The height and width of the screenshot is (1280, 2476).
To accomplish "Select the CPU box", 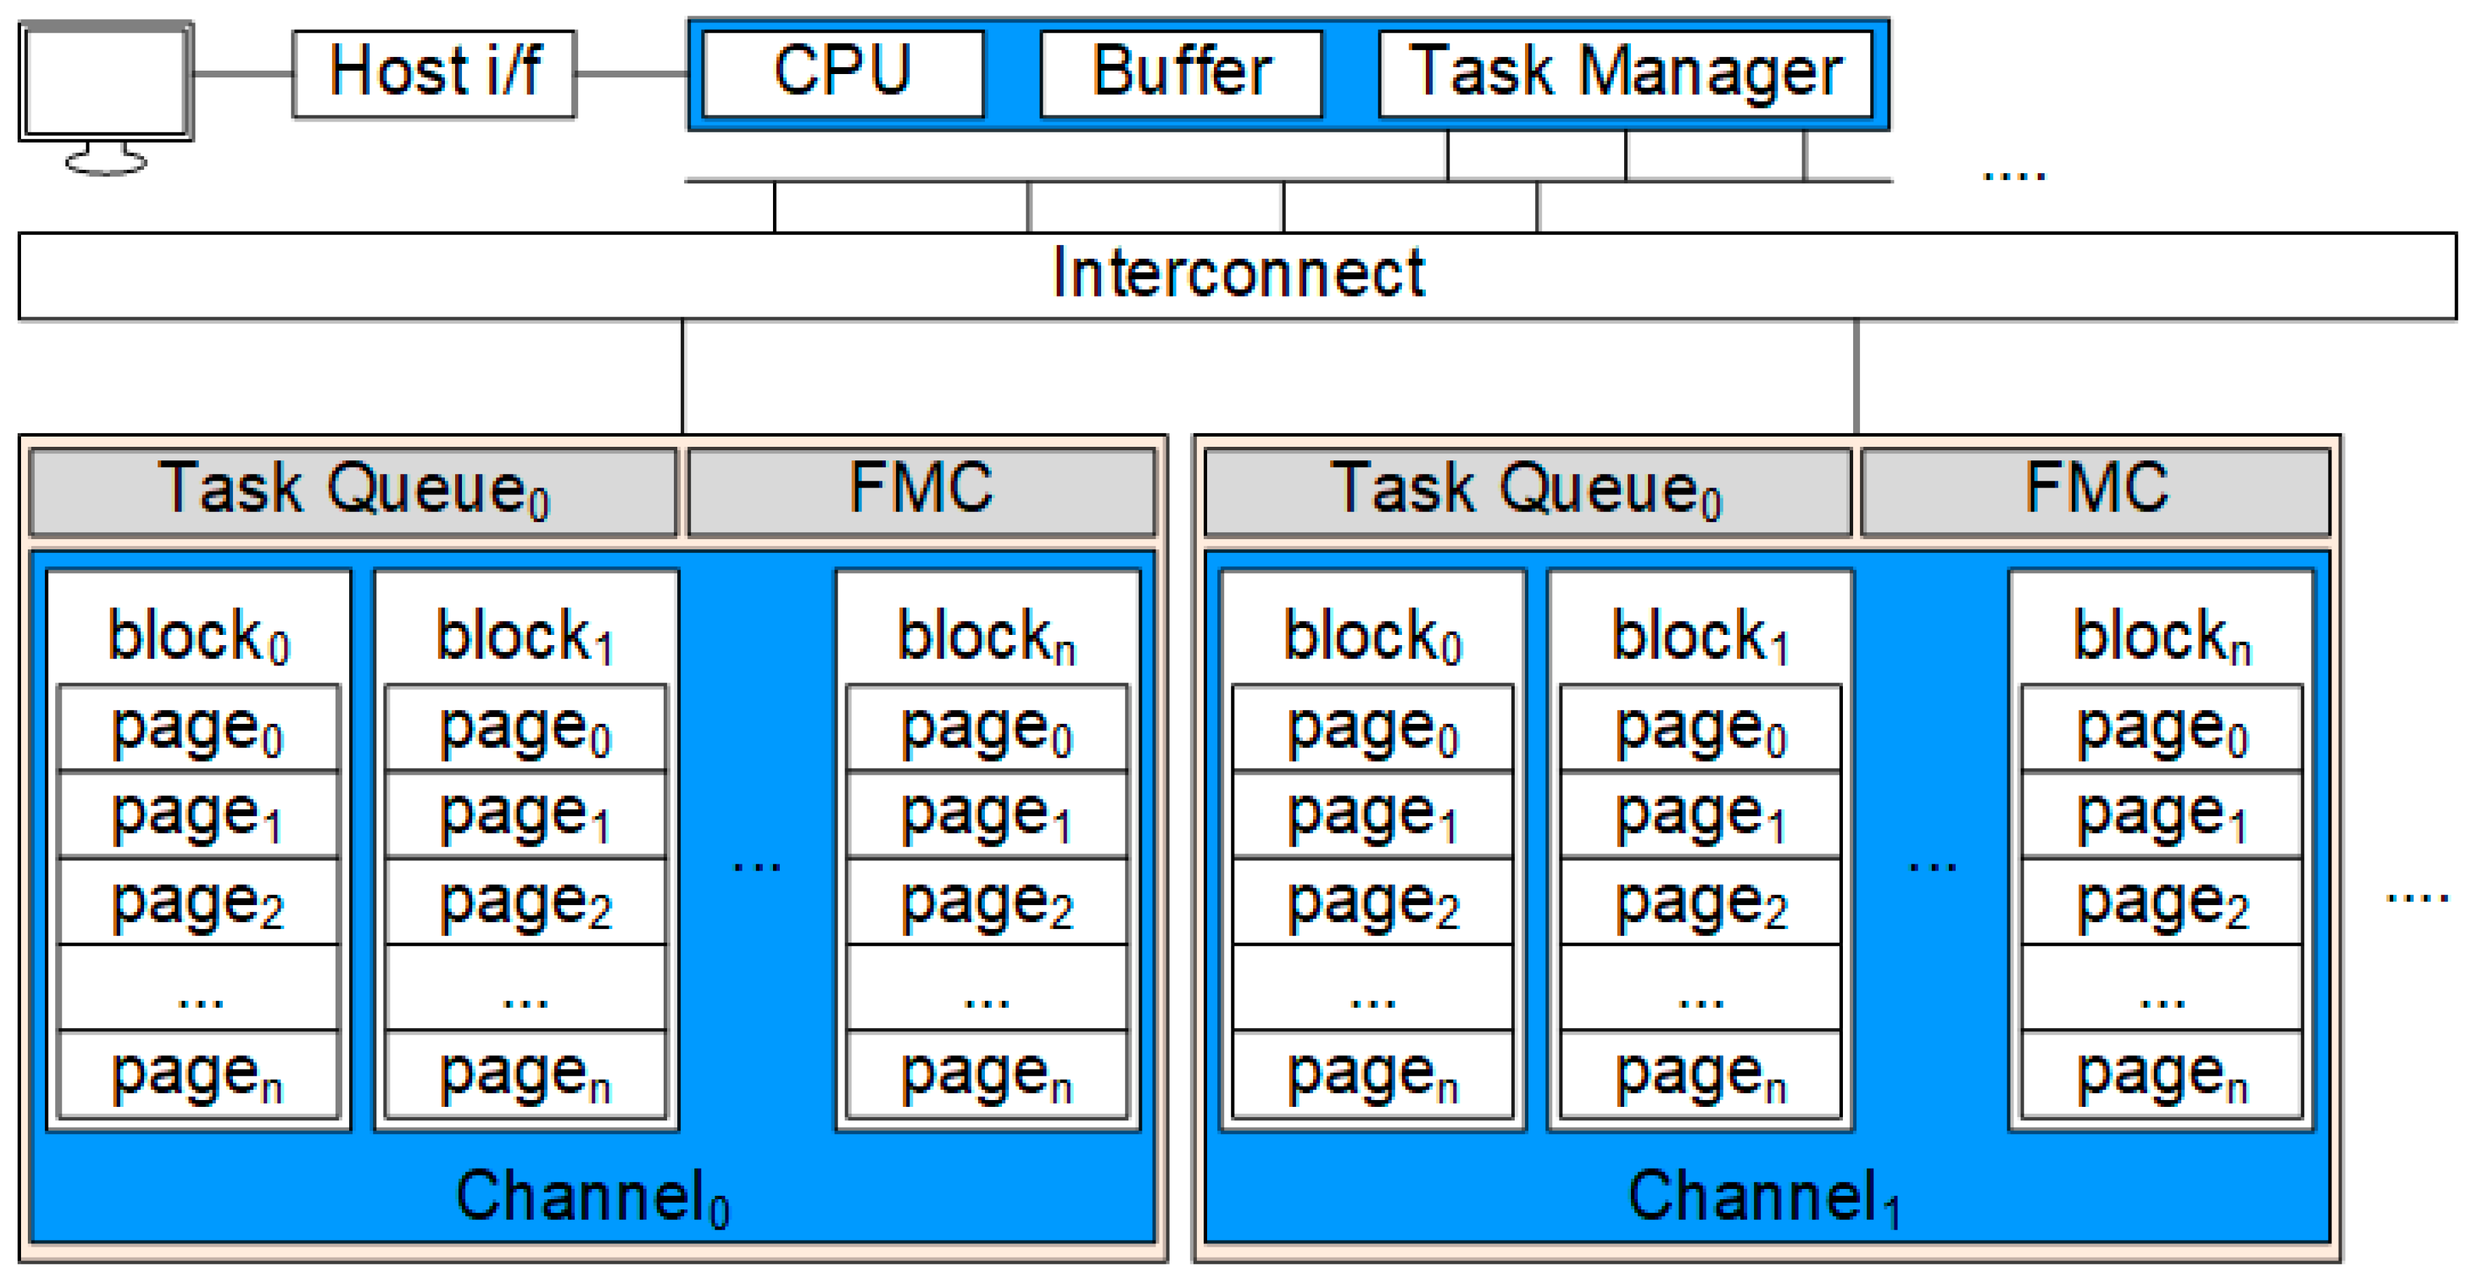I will click(x=842, y=73).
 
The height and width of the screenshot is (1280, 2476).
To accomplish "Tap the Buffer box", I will click(x=1181, y=73).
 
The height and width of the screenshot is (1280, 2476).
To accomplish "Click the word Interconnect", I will click(x=1238, y=275).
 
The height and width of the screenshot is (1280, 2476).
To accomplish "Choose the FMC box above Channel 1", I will click(x=2096, y=490).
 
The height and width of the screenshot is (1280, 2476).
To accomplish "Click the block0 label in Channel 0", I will click(x=198, y=636).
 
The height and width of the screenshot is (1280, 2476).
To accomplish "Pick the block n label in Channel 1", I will click(x=2161, y=636).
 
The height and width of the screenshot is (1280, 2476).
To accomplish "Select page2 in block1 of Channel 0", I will click(x=525, y=901).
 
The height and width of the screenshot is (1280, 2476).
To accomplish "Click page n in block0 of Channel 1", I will click(x=1373, y=1074).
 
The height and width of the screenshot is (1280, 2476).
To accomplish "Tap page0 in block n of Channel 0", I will click(x=986, y=729).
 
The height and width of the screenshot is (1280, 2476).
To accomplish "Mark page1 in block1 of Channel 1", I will click(x=1700, y=815).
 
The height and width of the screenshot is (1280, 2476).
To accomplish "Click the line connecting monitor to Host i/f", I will click(x=243, y=73).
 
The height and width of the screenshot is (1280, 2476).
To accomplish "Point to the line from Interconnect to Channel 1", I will click(x=1856, y=377).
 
